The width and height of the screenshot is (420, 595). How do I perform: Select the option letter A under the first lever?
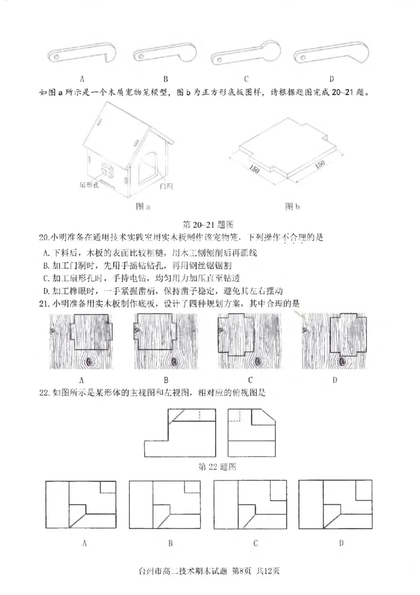(x=82, y=79)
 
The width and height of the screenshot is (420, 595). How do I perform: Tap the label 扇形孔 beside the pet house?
(x=89, y=186)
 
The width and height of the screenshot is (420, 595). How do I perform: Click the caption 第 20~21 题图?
(x=207, y=225)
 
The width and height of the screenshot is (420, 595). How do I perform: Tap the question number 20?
(x=43, y=238)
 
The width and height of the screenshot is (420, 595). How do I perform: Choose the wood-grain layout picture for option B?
(x=165, y=341)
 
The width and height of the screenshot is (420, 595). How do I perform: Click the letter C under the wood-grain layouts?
(x=250, y=379)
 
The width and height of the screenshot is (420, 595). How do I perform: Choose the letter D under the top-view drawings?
(x=341, y=543)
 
